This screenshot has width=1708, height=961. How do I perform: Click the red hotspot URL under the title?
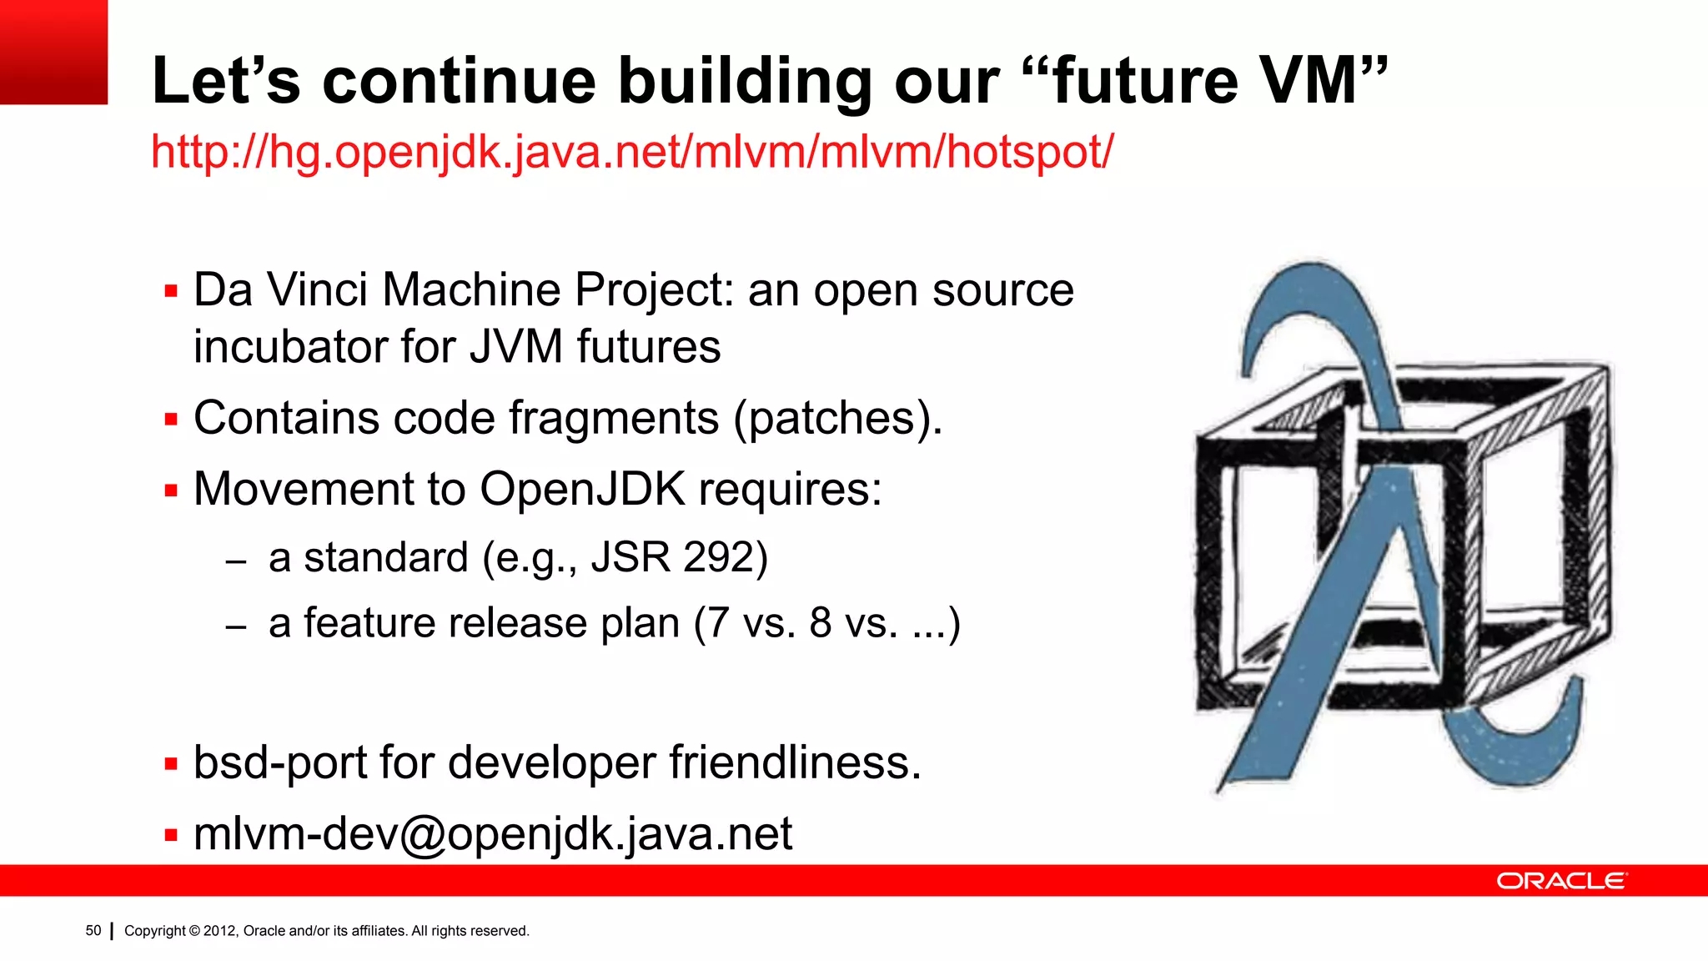tap(631, 153)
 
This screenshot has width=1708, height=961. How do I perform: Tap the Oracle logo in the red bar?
tap(1561, 881)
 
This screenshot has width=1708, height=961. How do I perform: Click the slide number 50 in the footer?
tap(93, 930)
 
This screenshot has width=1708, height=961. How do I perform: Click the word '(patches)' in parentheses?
tap(836, 418)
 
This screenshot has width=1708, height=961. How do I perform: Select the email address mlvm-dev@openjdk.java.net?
tap(492, 833)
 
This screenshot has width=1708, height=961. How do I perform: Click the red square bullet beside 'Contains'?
tap(172, 419)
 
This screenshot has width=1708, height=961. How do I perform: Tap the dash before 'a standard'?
tap(236, 561)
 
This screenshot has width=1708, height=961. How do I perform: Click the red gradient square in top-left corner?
tap(53, 52)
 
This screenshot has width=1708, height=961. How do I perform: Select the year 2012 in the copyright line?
tap(220, 931)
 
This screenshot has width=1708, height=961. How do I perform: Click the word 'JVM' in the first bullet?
tap(515, 347)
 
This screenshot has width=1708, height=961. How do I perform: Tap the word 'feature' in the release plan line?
tap(367, 623)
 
